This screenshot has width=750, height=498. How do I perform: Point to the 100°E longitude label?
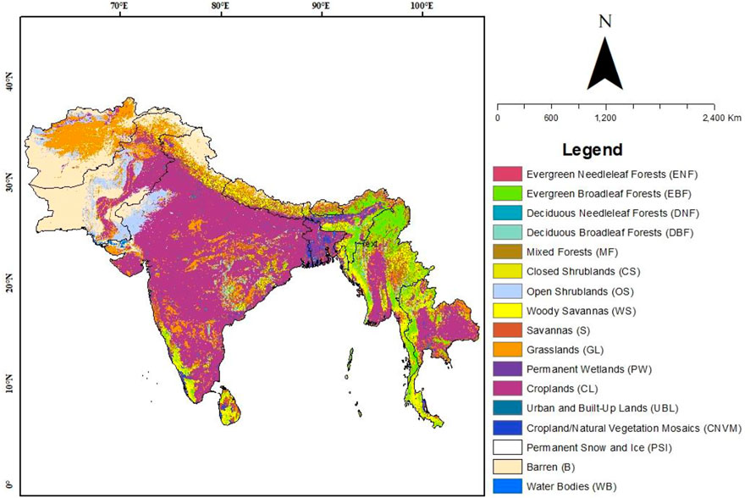pos(422,8)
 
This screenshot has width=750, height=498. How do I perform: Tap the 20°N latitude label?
pos(9,285)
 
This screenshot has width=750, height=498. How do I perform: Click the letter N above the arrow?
pos(605,22)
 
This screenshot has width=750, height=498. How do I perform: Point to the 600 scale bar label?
pos(551,118)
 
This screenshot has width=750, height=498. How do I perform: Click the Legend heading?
pos(593,150)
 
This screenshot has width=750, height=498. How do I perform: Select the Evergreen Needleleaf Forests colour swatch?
pos(506,174)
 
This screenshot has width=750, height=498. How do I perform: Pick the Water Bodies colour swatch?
pos(506,485)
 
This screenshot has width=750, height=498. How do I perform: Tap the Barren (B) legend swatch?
pos(506,466)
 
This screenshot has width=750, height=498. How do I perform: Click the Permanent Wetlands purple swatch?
pos(506,368)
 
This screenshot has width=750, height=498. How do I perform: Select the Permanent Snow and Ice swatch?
pos(506,446)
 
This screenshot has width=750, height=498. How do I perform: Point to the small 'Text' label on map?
pos(369,244)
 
